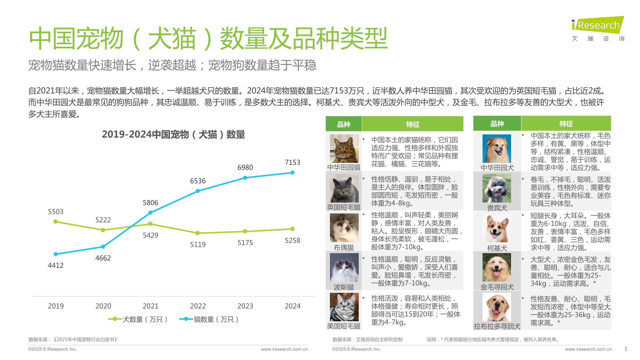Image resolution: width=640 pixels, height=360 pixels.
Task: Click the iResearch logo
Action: tap(598, 25)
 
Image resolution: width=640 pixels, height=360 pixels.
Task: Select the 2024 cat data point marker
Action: tap(292, 172)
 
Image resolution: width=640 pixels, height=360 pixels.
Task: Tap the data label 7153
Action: tap(292, 163)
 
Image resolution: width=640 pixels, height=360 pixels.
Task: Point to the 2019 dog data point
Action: tap(56, 221)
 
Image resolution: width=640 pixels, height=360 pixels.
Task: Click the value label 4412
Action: tap(56, 265)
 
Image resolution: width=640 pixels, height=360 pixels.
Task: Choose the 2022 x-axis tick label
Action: tap(198, 306)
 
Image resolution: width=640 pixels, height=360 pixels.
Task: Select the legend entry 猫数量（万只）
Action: tap(209, 319)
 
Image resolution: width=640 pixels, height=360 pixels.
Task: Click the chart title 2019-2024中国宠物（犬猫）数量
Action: tap(173, 134)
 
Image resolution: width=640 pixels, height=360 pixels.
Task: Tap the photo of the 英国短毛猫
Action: tap(344, 189)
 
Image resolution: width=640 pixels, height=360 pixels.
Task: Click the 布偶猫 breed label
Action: tap(344, 247)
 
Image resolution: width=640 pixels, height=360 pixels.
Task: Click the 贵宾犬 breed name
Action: tap(497, 208)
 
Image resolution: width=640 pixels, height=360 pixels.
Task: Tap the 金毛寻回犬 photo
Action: tap(497, 268)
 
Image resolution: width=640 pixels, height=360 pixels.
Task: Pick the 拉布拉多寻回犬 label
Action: tap(497, 326)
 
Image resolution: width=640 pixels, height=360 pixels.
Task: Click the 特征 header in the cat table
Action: tap(412, 124)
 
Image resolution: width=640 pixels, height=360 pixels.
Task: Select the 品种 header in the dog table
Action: tap(497, 124)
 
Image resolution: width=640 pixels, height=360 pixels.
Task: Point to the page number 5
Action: tap(626, 349)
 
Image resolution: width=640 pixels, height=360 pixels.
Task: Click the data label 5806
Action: tap(150, 203)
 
